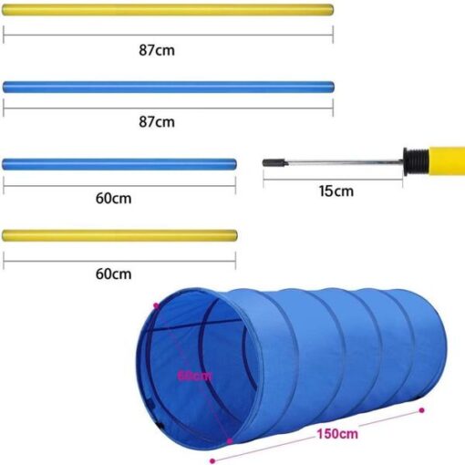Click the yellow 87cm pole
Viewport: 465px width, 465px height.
pyautogui.click(x=168, y=10)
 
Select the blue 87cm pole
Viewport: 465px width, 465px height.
pyautogui.click(x=169, y=87)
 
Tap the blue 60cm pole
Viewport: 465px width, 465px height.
pyautogui.click(x=119, y=164)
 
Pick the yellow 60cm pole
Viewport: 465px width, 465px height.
pyautogui.click(x=119, y=236)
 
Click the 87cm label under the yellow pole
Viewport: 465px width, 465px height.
pyautogui.click(x=157, y=50)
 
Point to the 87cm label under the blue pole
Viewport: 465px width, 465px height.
pyautogui.click(x=157, y=122)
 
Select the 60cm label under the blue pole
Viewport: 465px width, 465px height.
pyautogui.click(x=114, y=199)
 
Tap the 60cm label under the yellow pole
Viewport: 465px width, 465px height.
pyautogui.click(x=114, y=274)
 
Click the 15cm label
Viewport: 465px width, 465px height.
pyautogui.click(x=336, y=191)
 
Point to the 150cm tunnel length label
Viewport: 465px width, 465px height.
pyautogui.click(x=337, y=434)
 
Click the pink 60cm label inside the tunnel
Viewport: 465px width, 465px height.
pyautogui.click(x=194, y=376)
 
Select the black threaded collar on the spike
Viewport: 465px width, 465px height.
pyautogui.click(x=416, y=162)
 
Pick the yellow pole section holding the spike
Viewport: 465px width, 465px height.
pyautogui.click(x=447, y=161)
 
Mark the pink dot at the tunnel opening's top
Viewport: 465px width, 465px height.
pyautogui.click(x=157, y=305)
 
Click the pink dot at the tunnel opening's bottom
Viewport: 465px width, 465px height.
pyautogui.click(x=230, y=441)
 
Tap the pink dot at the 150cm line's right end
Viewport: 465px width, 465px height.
pyautogui.click(x=421, y=410)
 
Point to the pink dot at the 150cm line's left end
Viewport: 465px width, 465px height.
pyautogui.click(x=212, y=461)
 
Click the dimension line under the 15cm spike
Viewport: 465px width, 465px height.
pyautogui.click(x=333, y=180)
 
